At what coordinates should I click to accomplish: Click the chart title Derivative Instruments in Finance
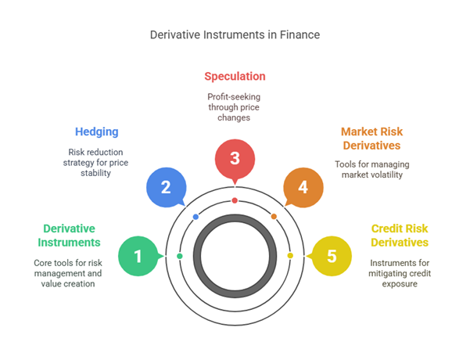point(235,35)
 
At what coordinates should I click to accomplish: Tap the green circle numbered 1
point(138,256)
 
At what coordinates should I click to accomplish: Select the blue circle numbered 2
point(166,187)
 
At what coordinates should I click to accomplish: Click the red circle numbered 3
point(235,159)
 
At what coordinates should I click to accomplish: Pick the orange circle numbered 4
point(303,187)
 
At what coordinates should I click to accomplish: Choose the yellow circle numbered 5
point(332,256)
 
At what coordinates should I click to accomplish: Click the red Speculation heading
point(235,77)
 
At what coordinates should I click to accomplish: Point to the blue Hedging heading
point(98,132)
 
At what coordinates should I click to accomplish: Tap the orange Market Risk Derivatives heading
point(371,139)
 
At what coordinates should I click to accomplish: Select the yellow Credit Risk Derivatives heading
point(399,236)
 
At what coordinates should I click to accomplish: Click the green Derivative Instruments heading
point(68,236)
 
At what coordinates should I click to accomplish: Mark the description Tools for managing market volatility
point(371,170)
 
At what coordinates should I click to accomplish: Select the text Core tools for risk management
point(68,268)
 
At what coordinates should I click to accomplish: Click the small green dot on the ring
point(180,256)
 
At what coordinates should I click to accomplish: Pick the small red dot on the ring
point(235,201)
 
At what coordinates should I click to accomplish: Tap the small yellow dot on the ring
point(290,256)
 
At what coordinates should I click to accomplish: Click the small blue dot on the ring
point(196,217)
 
